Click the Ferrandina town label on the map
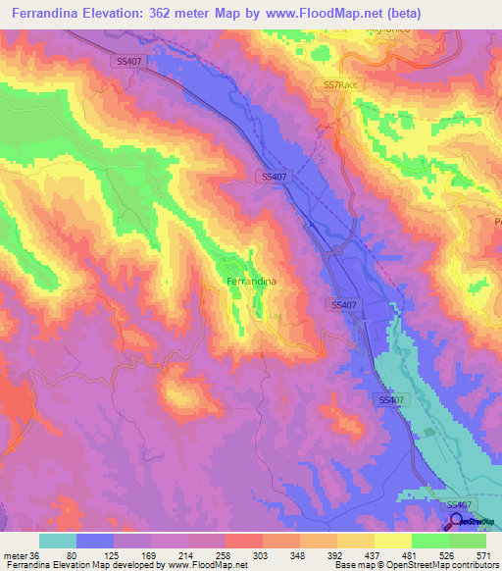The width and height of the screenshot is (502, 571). [x=251, y=282]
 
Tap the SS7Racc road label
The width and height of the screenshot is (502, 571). [x=340, y=86]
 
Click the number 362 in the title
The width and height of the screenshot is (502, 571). [x=179, y=12]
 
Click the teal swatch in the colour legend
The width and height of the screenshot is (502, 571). [x=58, y=541]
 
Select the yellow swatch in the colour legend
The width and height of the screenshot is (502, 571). [x=393, y=541]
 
